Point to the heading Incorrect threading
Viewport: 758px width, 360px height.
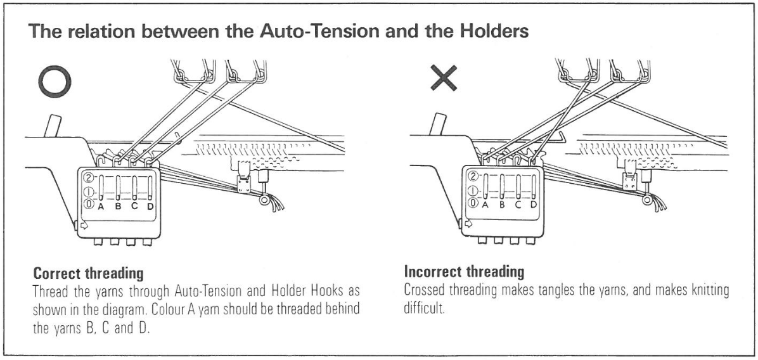point(464,273)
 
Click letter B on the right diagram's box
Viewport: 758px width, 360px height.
point(501,204)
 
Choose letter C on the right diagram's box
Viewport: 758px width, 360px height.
point(517,204)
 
